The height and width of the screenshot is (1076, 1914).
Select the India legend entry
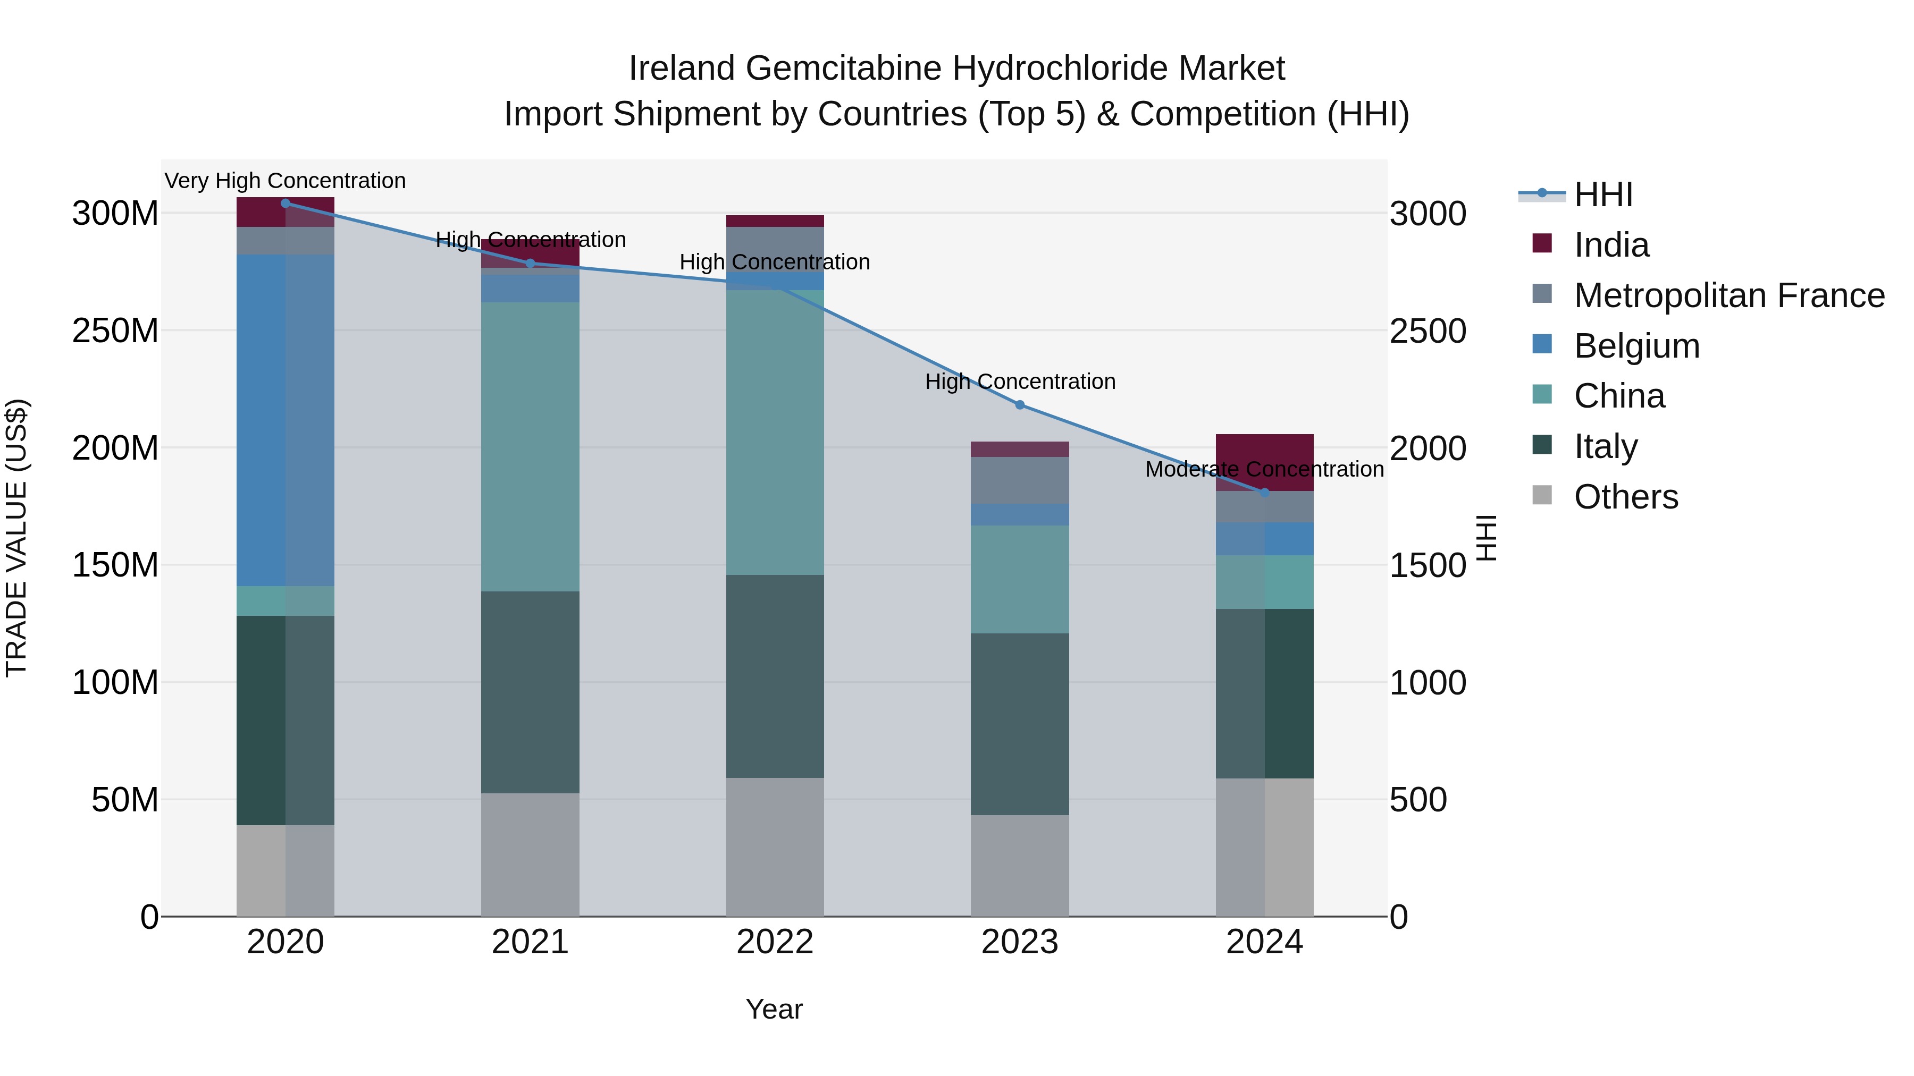point(1611,245)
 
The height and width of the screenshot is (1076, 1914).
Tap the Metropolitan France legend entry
point(1728,295)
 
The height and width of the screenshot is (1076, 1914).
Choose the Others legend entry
point(1626,497)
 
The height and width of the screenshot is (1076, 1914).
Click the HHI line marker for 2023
point(1019,405)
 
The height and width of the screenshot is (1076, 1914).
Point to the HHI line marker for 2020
point(286,203)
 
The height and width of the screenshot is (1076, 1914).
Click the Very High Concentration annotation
point(286,181)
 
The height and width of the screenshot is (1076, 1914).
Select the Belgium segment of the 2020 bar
point(286,420)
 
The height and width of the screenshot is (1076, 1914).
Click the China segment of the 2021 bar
point(530,446)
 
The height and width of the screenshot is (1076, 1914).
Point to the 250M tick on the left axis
point(115,331)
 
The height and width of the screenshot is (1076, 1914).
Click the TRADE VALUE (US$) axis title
point(16,538)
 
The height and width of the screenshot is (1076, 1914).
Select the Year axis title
point(774,1009)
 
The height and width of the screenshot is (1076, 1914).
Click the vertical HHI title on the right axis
point(1485,538)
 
